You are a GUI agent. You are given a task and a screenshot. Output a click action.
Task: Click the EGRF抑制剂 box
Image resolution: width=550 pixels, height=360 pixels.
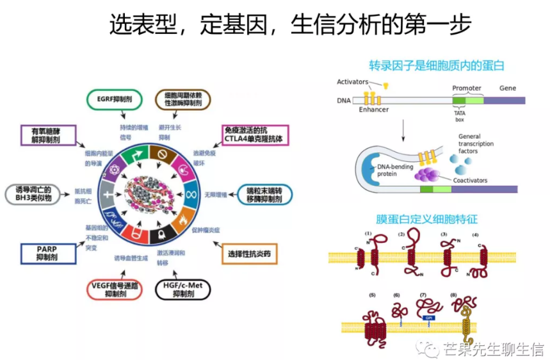[x=113, y=100]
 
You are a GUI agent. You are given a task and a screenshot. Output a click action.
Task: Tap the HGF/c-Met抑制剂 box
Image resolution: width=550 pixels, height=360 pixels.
[x=183, y=290]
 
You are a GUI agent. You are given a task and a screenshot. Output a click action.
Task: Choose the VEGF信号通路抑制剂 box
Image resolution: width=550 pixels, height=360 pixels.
[x=113, y=290]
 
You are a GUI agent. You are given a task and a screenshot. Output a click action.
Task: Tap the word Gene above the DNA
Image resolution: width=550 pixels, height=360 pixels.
[x=507, y=88]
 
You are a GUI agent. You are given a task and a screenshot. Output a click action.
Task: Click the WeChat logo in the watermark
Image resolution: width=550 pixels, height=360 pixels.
[x=425, y=348]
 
